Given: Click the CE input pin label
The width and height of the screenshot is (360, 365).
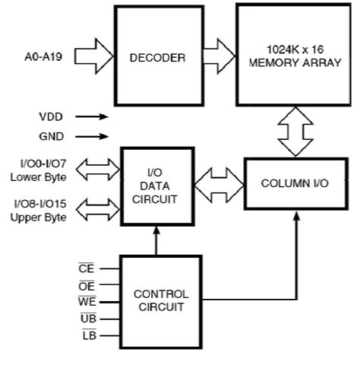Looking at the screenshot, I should tap(87, 268).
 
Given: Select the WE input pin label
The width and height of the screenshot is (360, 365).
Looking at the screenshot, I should tap(87, 302).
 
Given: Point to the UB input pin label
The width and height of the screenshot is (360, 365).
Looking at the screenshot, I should tap(87, 319).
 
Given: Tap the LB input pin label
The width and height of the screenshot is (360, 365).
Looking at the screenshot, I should tap(87, 335).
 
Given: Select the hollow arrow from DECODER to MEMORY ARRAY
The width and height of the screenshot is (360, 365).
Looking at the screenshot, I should tap(219, 55).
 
